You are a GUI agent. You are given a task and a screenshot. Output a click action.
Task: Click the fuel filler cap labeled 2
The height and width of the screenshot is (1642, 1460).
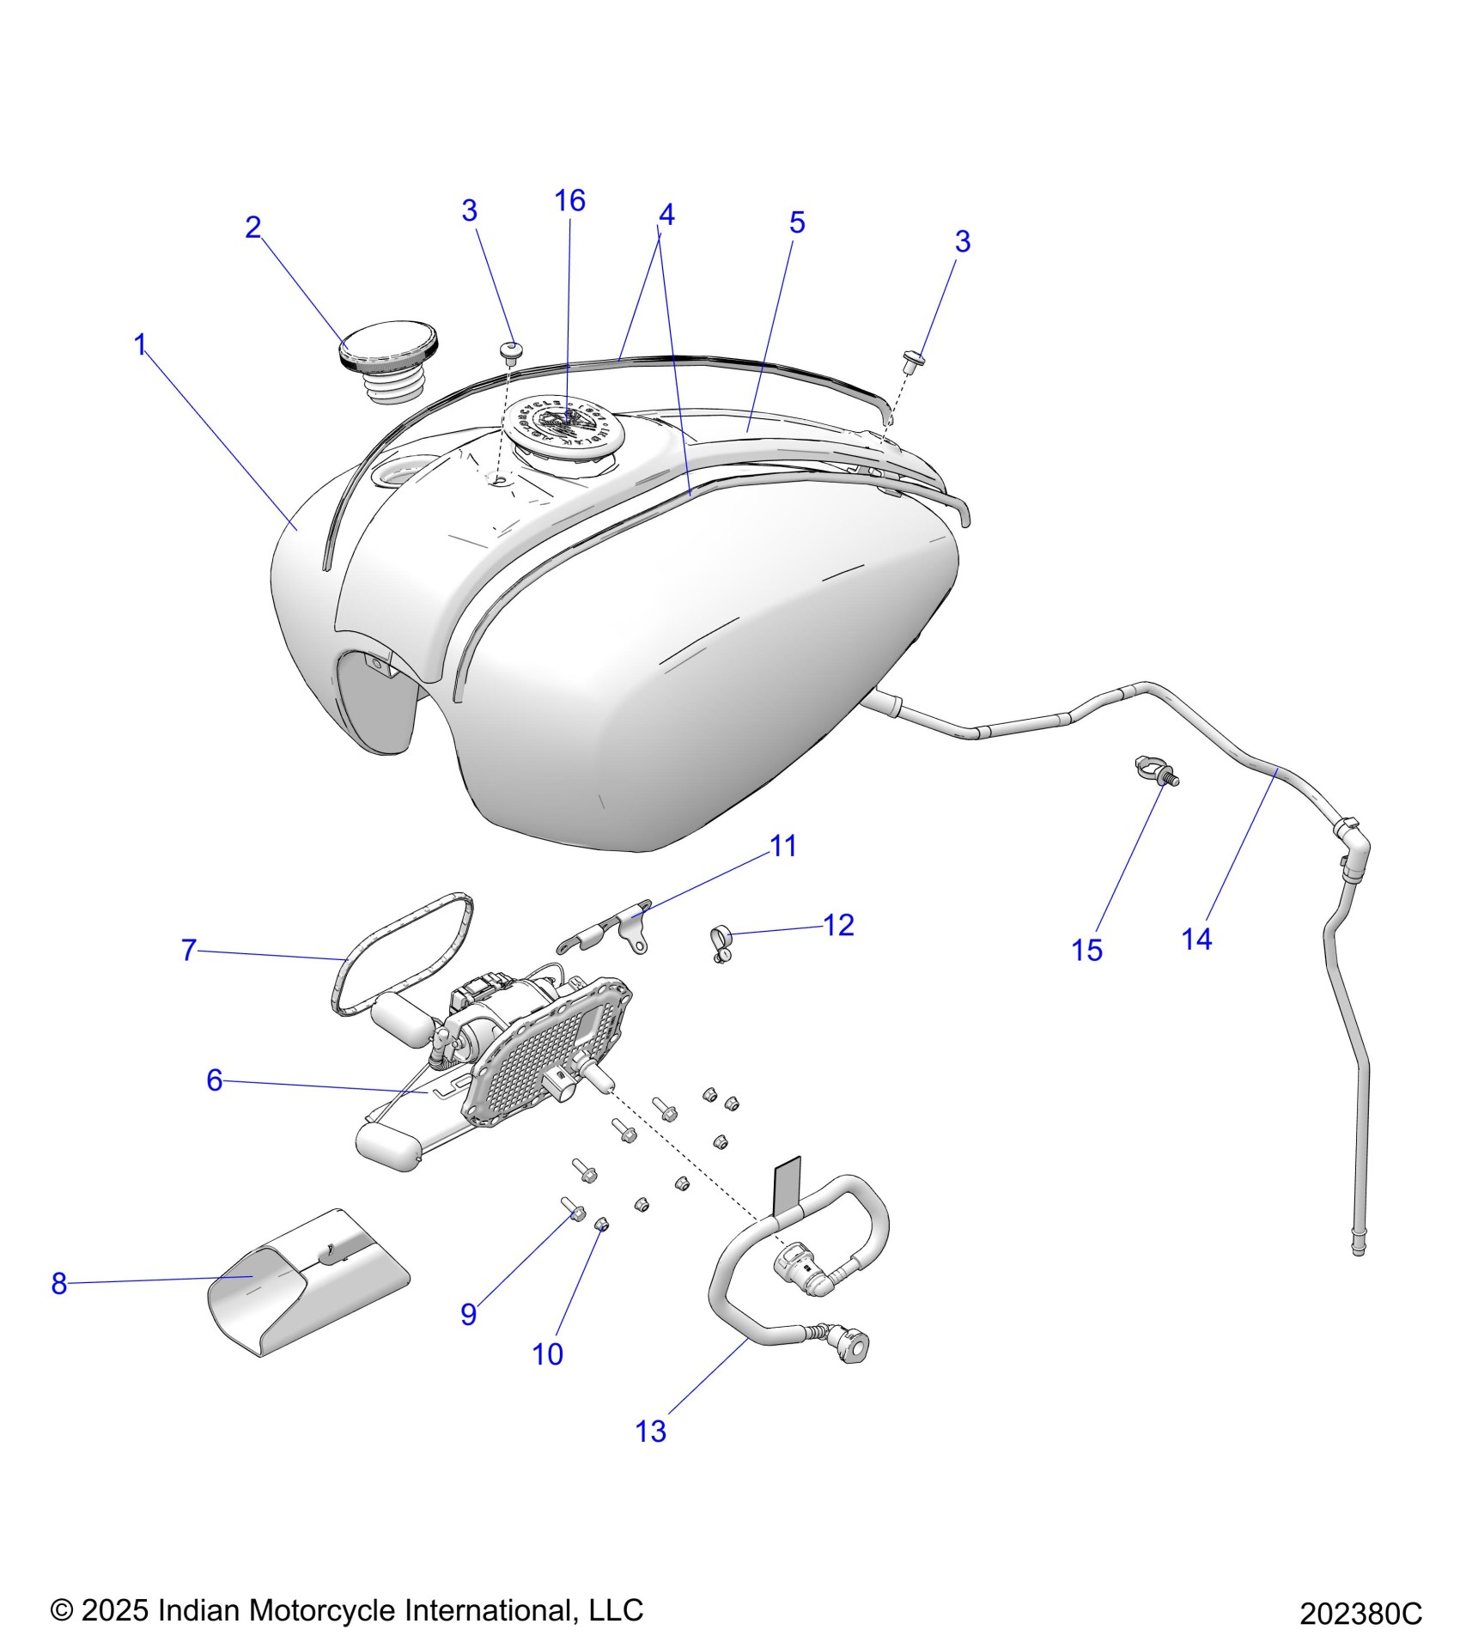tap(389, 353)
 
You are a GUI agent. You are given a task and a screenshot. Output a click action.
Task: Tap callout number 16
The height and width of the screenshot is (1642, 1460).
tap(569, 201)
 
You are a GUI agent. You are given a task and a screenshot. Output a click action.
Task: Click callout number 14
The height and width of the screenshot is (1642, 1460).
tap(1196, 940)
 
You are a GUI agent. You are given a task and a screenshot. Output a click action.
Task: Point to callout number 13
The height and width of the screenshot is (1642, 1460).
tap(650, 1432)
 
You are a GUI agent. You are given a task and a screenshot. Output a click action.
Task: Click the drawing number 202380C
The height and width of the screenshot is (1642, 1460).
tap(1360, 1614)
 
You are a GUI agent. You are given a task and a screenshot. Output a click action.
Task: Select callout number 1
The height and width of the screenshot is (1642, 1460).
tap(141, 345)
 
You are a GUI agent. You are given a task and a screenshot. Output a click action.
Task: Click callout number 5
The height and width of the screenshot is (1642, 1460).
tap(796, 223)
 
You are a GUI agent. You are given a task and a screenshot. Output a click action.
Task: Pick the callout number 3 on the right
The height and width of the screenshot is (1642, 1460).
tap(962, 242)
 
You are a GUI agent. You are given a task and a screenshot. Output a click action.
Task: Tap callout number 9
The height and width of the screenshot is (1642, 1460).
tap(468, 1314)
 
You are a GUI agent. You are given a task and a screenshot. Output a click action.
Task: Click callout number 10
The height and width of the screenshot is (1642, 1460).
tap(547, 1354)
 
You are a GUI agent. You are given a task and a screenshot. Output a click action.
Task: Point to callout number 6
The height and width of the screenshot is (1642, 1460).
tap(214, 1080)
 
